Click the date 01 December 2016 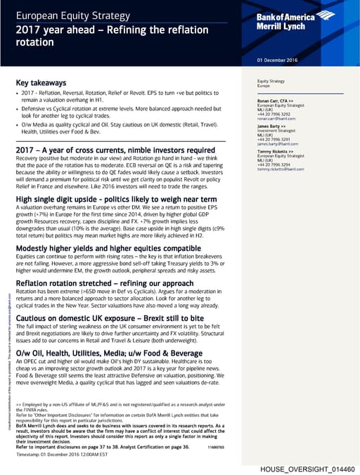(x=278, y=60)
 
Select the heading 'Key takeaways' (x=43, y=82)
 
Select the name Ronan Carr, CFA (x=275, y=101)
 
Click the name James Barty (x=271, y=126)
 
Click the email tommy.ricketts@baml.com (x=281, y=169)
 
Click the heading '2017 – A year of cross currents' (x=115, y=150)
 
